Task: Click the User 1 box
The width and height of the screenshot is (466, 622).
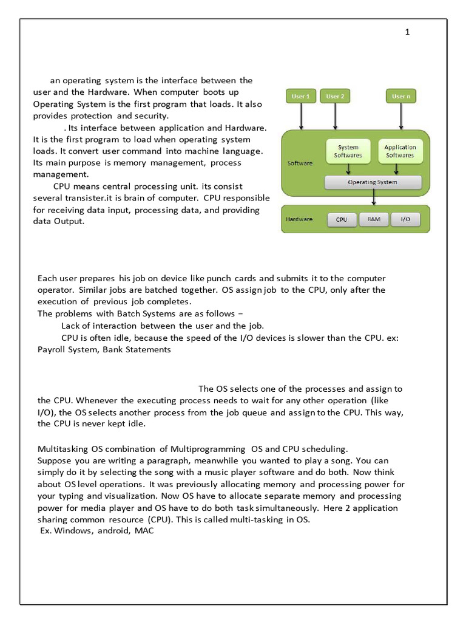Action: [301, 96]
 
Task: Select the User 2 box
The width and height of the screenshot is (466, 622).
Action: [335, 96]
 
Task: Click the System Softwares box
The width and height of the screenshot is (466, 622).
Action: [348, 151]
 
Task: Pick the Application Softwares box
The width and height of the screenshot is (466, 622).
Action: [400, 151]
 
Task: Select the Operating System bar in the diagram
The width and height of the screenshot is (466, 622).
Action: [373, 182]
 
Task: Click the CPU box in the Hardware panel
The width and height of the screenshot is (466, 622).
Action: [342, 219]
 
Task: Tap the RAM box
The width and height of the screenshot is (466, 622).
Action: [374, 219]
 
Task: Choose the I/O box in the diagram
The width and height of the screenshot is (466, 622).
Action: [405, 219]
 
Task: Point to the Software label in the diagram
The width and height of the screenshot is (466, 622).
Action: [300, 163]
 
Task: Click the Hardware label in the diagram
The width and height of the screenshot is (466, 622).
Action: [299, 219]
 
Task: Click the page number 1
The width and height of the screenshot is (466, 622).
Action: [408, 32]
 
